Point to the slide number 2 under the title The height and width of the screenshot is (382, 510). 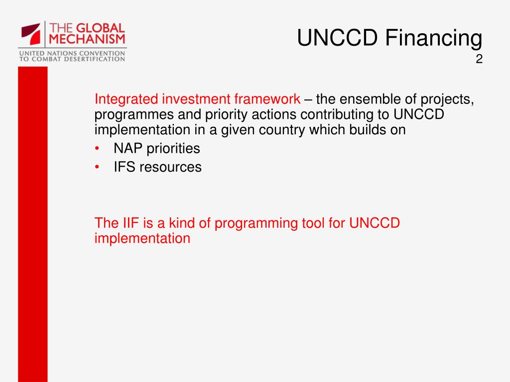[x=479, y=59]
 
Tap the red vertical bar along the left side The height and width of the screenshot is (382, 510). [x=33, y=224]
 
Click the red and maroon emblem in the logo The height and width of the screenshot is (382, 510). [x=31, y=33]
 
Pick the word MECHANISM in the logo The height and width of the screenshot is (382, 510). [x=87, y=39]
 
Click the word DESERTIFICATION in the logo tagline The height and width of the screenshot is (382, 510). [x=94, y=59]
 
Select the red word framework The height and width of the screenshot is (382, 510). [x=267, y=99]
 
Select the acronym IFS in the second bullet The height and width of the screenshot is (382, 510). [x=124, y=167]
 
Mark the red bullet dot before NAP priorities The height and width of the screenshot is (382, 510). [x=97, y=148]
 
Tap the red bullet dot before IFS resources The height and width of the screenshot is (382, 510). [x=97, y=167]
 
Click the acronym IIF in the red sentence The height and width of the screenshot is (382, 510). [x=131, y=223]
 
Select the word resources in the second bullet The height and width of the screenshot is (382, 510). [x=170, y=168]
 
